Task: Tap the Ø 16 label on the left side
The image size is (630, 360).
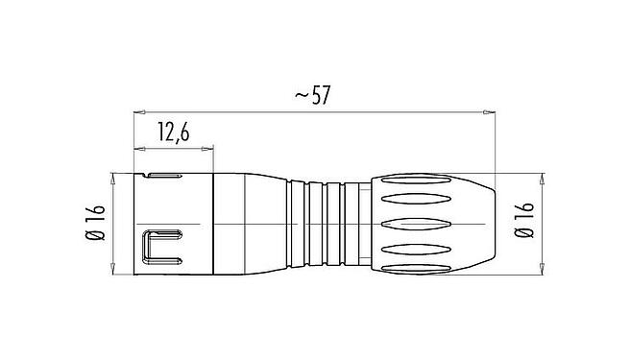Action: [93, 224]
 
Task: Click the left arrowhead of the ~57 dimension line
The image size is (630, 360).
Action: [136, 113]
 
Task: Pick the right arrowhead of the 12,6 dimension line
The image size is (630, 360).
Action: [208, 149]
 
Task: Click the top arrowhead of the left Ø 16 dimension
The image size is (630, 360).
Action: [114, 179]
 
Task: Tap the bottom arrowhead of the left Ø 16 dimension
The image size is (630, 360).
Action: [114, 268]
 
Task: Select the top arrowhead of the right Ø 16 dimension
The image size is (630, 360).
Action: [544, 179]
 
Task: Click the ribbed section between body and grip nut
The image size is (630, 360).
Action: [327, 223]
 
